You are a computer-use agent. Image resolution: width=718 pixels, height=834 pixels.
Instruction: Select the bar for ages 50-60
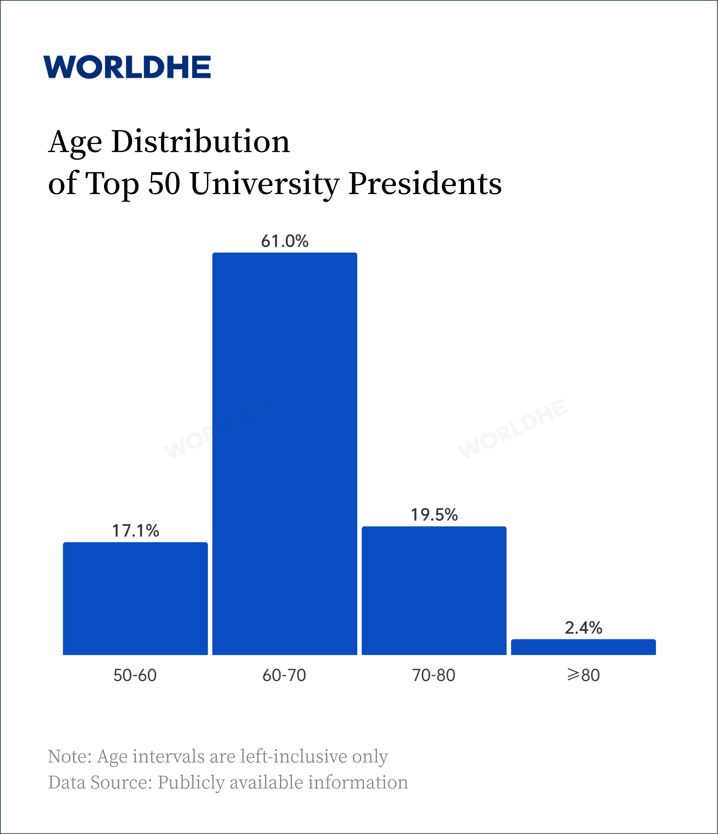click(x=135, y=599)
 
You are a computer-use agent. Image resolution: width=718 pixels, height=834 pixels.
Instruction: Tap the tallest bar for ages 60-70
click(x=284, y=454)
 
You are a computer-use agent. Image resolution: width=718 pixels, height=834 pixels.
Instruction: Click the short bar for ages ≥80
click(x=583, y=647)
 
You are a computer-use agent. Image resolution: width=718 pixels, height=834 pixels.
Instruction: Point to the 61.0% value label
click(x=284, y=241)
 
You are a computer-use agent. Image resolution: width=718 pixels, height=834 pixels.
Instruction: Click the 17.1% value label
click(x=135, y=531)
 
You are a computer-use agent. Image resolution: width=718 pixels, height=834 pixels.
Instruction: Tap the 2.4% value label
click(x=583, y=628)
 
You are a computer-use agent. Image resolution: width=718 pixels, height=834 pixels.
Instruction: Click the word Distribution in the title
click(x=201, y=142)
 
